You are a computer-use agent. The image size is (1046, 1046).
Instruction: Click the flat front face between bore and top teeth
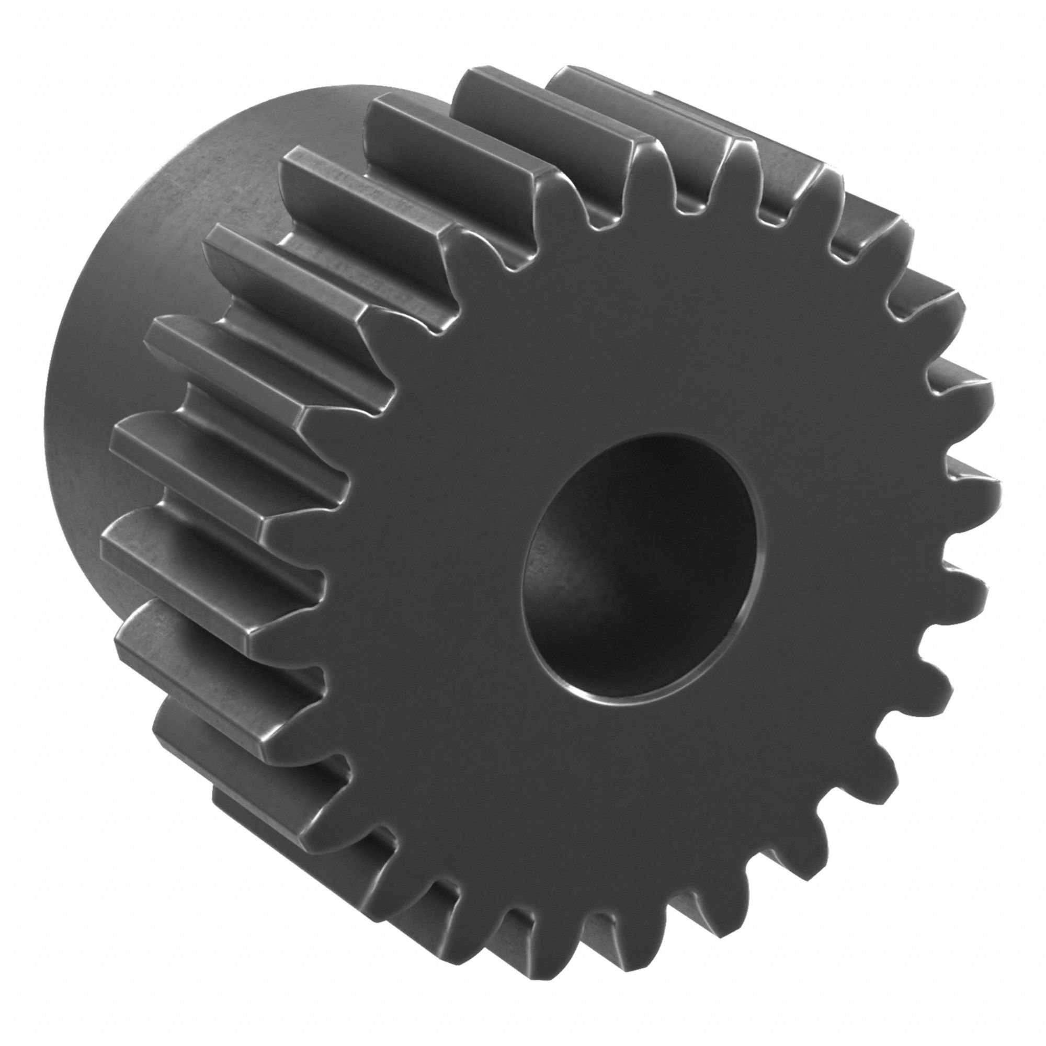(639, 325)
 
